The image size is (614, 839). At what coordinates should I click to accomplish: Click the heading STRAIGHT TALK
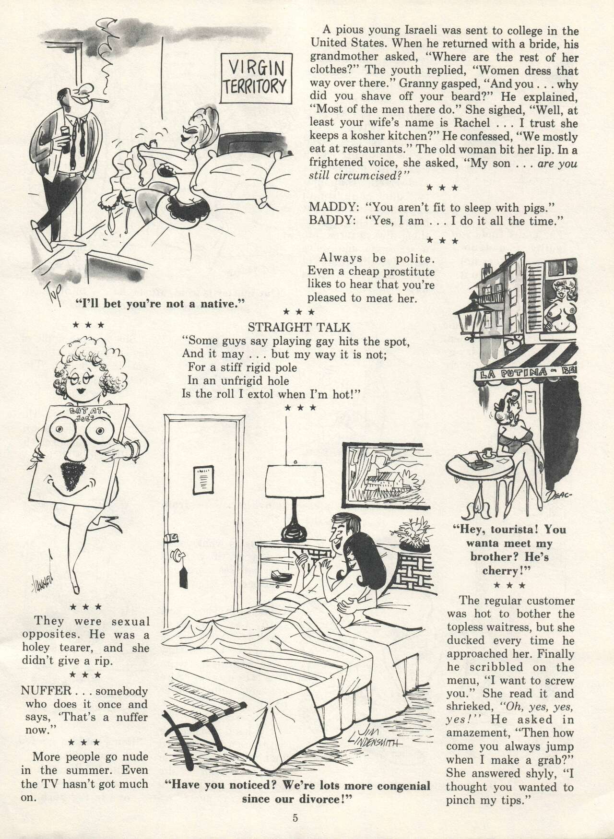click(x=299, y=328)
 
